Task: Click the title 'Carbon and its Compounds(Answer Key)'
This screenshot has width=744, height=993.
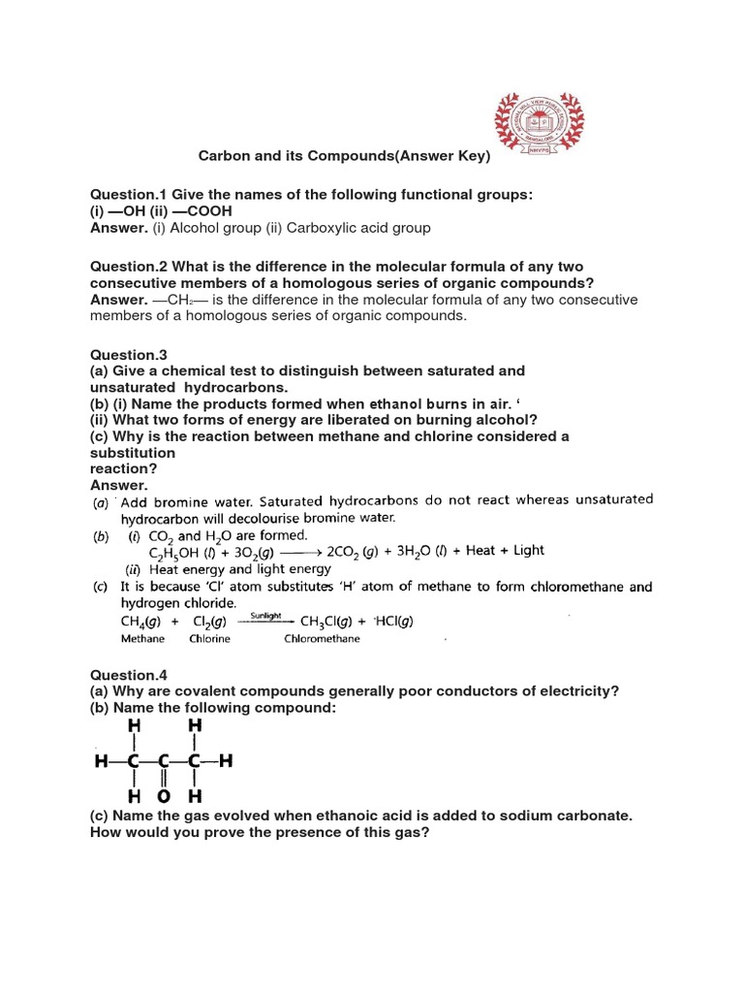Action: pyautogui.click(x=345, y=155)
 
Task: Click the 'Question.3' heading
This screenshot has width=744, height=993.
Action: pyautogui.click(x=123, y=355)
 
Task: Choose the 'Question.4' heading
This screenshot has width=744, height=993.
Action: pyautogui.click(x=123, y=675)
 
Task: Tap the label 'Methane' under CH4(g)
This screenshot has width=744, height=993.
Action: pyautogui.click(x=142, y=639)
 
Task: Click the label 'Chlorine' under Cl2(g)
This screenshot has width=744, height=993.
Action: pyautogui.click(x=209, y=639)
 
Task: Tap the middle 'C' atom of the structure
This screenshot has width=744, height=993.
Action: pyautogui.click(x=164, y=762)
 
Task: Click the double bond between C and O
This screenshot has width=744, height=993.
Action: pyautogui.click(x=164, y=780)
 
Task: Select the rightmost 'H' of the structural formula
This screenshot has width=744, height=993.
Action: pyautogui.click(x=227, y=762)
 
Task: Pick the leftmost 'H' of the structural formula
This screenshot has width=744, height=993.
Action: pyautogui.click(x=102, y=762)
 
